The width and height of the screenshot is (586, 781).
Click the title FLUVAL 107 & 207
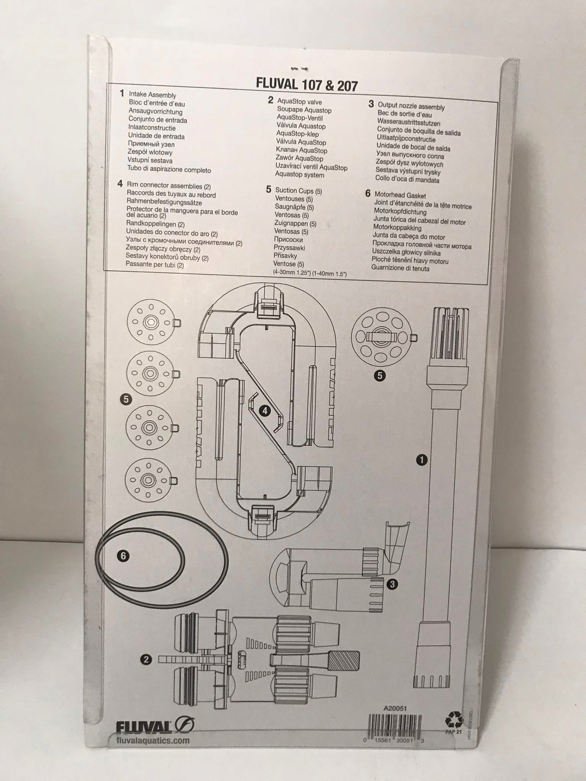(307, 85)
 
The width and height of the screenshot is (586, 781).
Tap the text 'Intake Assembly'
(152, 95)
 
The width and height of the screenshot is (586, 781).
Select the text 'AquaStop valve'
(299, 101)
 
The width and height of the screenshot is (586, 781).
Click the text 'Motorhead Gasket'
(400, 195)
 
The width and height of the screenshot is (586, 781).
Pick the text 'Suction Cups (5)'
(298, 191)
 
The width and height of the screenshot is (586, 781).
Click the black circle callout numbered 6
(123, 556)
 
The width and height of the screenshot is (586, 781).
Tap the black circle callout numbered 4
(264, 411)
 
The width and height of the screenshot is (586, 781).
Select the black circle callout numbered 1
(422, 460)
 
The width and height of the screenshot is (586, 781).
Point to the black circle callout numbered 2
(146, 659)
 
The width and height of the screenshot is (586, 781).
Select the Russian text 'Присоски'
(288, 239)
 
